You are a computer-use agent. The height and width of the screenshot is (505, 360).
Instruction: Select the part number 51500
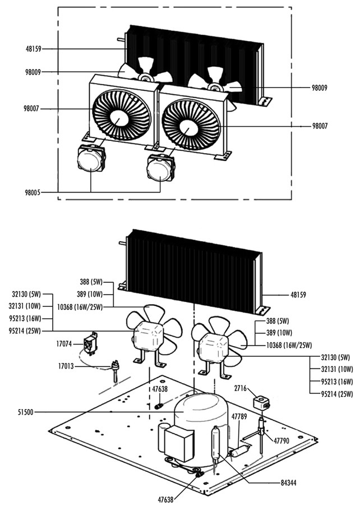tap(26, 412)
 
